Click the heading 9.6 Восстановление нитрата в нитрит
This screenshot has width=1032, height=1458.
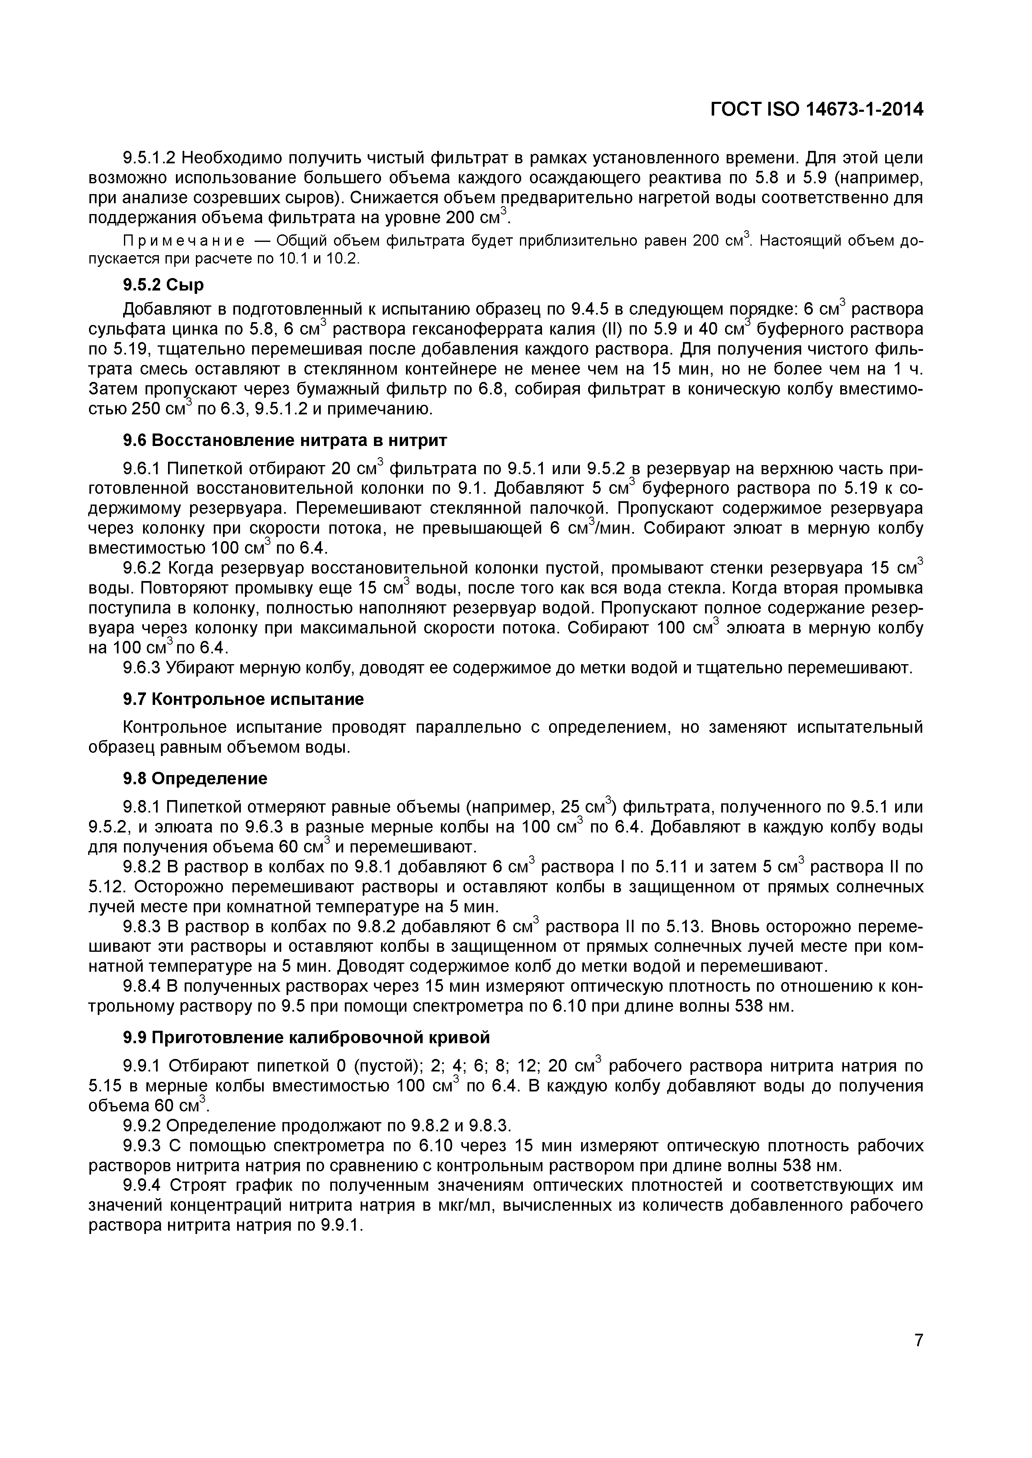(285, 440)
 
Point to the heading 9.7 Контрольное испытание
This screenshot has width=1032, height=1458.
(243, 699)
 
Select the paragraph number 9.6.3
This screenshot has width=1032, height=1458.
(142, 668)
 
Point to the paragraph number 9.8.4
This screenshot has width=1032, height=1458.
(142, 986)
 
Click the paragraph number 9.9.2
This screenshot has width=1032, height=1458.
(142, 1126)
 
